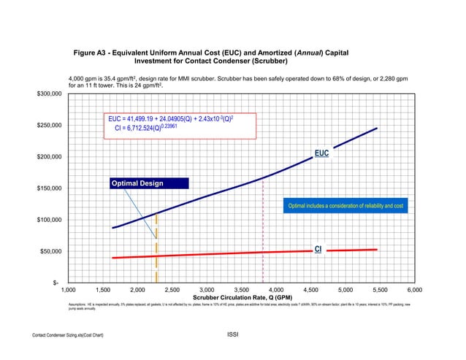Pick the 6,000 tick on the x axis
(x=416, y=291)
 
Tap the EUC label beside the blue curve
(x=321, y=153)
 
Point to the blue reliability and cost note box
(x=345, y=206)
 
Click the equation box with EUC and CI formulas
(x=179, y=123)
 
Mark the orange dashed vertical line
(x=157, y=248)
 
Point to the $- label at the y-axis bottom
(x=56, y=283)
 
